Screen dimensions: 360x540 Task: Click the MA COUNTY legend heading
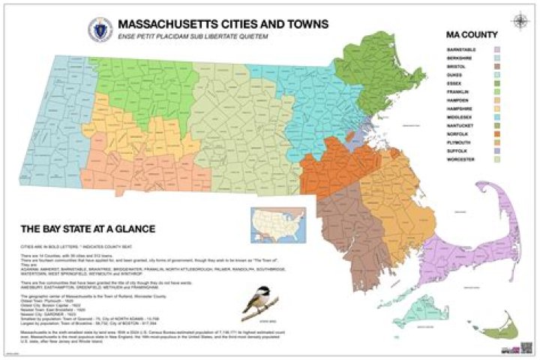(472, 34)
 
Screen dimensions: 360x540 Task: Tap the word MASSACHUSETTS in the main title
(168, 25)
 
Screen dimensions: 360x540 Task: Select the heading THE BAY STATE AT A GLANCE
(83, 228)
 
